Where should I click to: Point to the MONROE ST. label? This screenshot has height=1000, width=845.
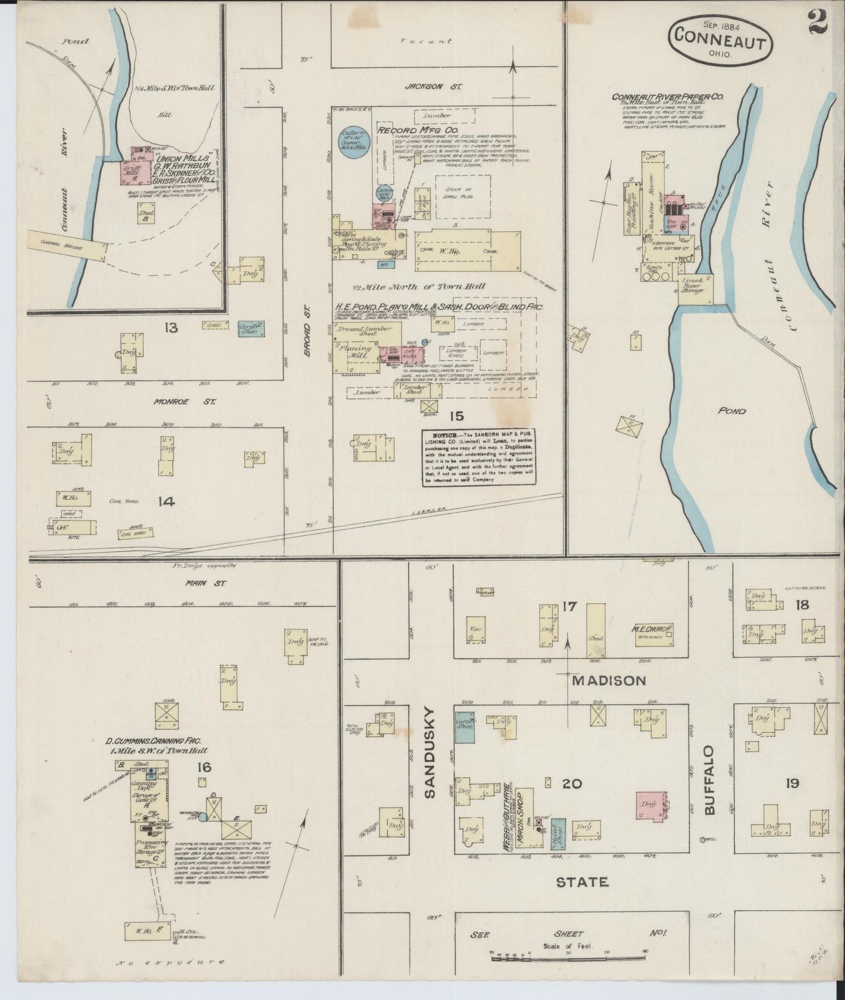pyautogui.click(x=185, y=402)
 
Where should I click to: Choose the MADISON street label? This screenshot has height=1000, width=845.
pyautogui.click(x=609, y=681)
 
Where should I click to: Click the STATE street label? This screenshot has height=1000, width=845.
pyautogui.click(x=582, y=882)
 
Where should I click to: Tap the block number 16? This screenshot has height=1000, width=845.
pyautogui.click(x=204, y=767)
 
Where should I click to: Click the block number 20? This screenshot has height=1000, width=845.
pyautogui.click(x=572, y=784)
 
